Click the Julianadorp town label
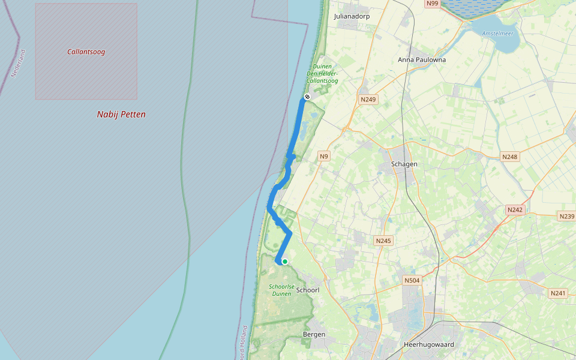tap(352, 16)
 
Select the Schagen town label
tap(403, 164)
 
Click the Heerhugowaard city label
tap(429, 344)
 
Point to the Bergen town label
tap(314, 334)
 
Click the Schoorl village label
tap(308, 290)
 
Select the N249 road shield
tap(368, 99)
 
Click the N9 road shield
tap(324, 157)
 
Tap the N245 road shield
tap(383, 241)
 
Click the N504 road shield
tap(412, 280)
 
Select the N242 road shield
tap(515, 209)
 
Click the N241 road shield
tap(558, 293)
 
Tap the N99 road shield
tap(432, 4)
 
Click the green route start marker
tap(285, 262)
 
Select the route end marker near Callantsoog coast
tap(307, 97)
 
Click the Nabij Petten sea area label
tap(121, 115)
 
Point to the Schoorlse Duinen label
tap(281, 290)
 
